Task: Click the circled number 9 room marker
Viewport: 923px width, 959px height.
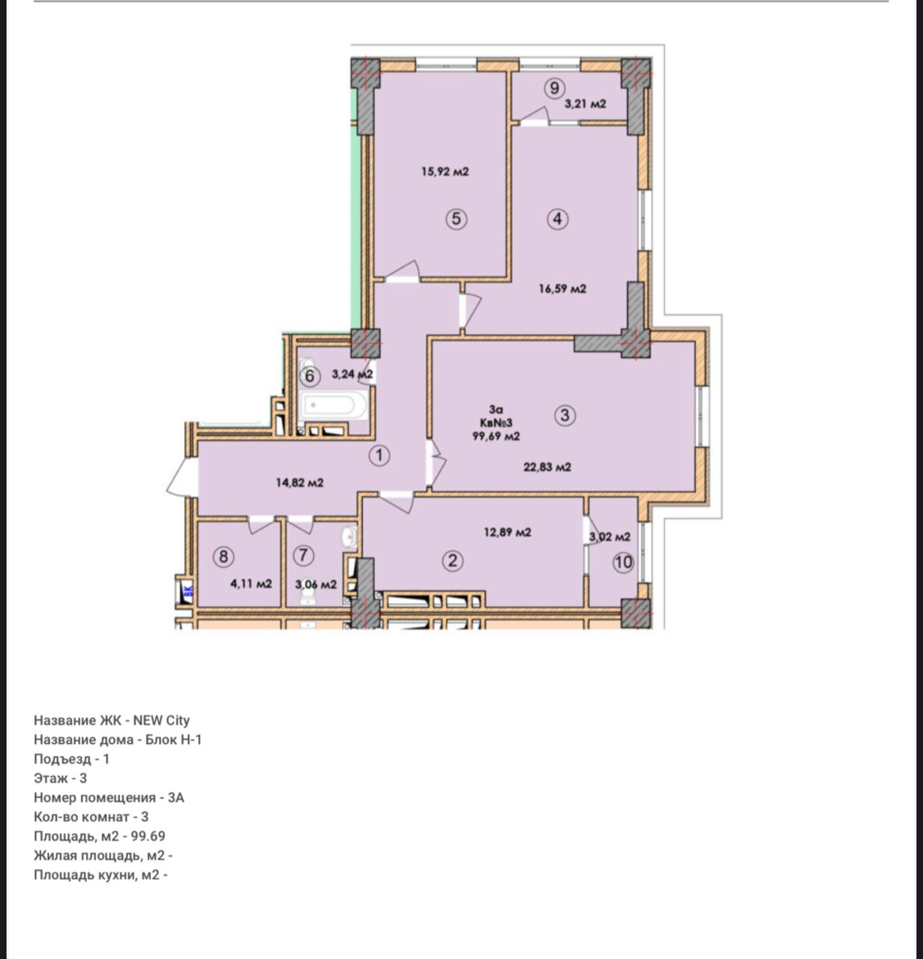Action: (x=554, y=88)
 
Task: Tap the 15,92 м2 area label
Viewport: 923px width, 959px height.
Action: (x=445, y=172)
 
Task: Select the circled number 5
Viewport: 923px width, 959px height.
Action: (x=457, y=218)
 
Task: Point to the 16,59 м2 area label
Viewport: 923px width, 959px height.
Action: (x=562, y=288)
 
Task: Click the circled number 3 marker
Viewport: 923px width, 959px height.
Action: (x=565, y=415)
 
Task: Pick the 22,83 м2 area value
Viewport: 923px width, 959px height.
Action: (x=547, y=467)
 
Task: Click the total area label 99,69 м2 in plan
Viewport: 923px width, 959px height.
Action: (x=496, y=436)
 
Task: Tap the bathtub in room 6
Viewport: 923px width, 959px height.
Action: (x=334, y=405)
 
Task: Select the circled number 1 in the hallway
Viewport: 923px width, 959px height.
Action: (x=379, y=456)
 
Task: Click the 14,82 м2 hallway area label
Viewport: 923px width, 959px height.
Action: (x=299, y=482)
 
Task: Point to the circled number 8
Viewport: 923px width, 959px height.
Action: (x=223, y=557)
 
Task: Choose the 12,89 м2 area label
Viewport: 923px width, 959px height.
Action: (x=507, y=532)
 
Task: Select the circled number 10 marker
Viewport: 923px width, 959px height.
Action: (x=623, y=562)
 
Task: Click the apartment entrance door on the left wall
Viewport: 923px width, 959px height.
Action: (x=182, y=477)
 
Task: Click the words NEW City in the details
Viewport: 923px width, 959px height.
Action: (x=161, y=721)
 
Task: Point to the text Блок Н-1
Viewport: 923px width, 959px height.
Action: (x=174, y=739)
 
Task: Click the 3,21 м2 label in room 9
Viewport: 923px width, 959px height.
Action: (x=585, y=104)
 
